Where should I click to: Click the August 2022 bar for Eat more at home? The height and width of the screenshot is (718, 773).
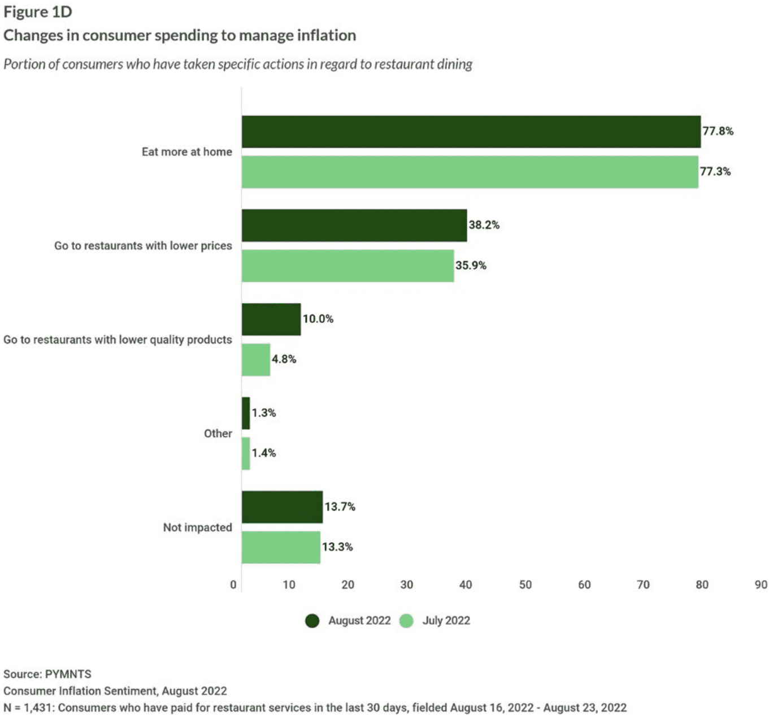pos(471,132)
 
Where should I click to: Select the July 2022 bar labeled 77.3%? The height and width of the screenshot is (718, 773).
pos(470,172)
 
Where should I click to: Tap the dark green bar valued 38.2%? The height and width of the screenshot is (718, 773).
pos(354,226)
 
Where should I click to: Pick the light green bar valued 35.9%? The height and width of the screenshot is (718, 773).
pos(348,266)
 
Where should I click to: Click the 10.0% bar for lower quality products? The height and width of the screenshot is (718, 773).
pos(271,319)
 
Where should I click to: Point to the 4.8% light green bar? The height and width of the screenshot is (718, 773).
pos(256,360)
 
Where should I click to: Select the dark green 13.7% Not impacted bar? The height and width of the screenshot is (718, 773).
pos(282,507)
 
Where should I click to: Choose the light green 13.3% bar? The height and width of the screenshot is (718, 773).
pos(281,547)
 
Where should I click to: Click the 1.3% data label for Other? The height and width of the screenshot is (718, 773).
pos(264,413)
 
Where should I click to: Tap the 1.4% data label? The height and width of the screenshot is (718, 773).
pos(264,453)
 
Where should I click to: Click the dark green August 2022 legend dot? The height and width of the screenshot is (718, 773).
pos(312,621)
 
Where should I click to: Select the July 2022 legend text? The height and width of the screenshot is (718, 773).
pos(446,621)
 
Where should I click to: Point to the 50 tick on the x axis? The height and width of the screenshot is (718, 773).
pos(525,585)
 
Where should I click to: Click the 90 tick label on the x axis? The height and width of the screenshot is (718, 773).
pos(761,585)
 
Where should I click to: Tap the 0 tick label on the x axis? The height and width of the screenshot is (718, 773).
pos(233,585)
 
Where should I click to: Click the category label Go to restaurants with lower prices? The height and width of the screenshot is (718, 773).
pos(143,246)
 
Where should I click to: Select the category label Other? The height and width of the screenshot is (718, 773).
pos(218,434)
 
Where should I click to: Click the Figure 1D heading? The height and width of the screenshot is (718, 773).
pos(38,12)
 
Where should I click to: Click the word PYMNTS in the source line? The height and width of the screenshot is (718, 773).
pos(68,674)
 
